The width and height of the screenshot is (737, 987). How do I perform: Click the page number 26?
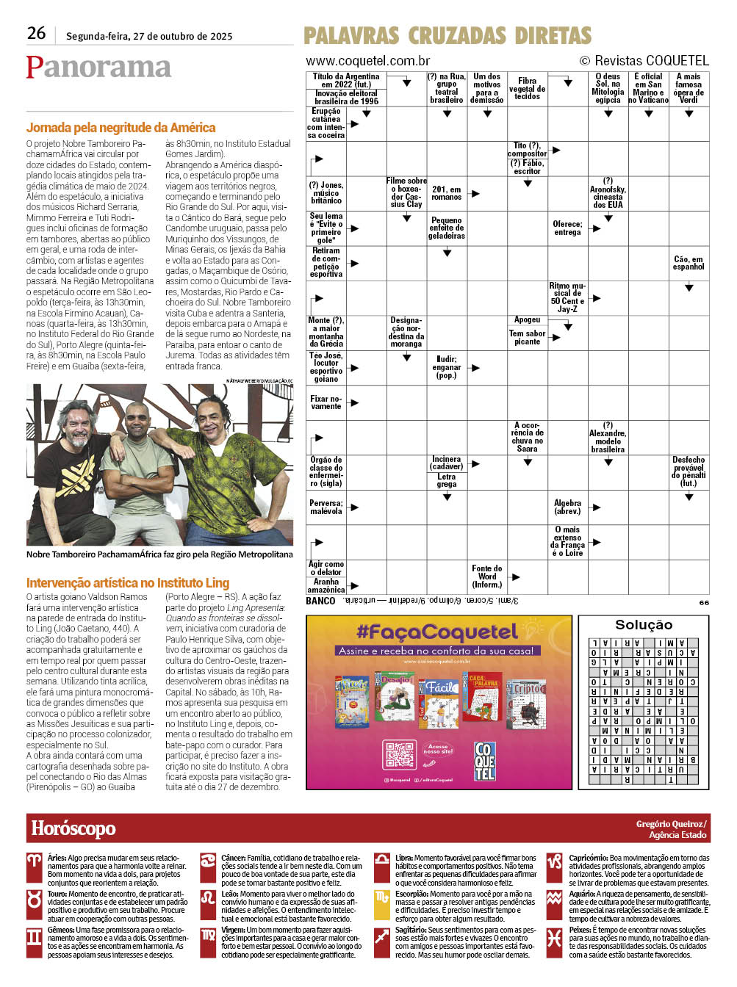36,34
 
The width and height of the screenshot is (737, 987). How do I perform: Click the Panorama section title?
98,68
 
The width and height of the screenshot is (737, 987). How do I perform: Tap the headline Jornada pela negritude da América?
121,128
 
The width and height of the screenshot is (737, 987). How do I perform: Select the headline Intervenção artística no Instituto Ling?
128,583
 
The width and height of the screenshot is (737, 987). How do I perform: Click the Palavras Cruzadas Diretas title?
447,36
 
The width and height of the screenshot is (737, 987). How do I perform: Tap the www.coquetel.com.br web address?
367,61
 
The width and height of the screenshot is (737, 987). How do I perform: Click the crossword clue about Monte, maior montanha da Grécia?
326,332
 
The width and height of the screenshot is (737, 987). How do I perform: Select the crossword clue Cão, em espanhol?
689,263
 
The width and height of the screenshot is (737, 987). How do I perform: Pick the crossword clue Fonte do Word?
487,576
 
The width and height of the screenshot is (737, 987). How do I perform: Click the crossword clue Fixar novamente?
326,402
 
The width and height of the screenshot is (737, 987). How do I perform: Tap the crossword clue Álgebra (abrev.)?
567,507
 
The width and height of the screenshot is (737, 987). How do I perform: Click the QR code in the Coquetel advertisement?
400,755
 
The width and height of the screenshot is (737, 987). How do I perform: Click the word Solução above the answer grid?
644,625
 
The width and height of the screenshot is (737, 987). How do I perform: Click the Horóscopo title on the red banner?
73,828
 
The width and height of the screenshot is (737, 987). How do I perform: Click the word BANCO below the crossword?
320,601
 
